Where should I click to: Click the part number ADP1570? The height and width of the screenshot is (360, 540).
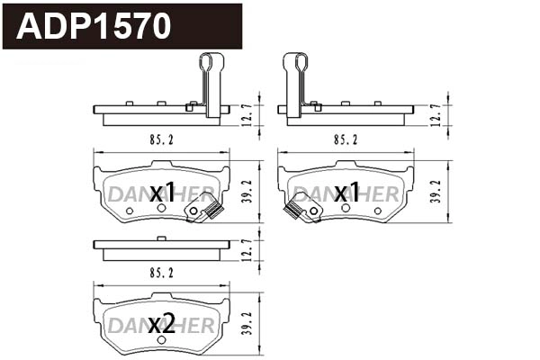pyautogui.click(x=95, y=26)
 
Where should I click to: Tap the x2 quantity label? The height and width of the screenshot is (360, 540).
pyautogui.click(x=162, y=323)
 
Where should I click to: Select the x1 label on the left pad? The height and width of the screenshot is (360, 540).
pyautogui.click(x=162, y=193)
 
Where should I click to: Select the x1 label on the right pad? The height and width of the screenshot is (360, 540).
pyautogui.click(x=346, y=193)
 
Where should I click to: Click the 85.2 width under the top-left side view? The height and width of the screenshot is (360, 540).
pyautogui.click(x=161, y=139)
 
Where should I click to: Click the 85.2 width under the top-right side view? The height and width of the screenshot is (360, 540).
pyautogui.click(x=346, y=139)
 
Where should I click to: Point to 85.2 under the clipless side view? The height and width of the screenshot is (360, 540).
pyautogui.click(x=161, y=271)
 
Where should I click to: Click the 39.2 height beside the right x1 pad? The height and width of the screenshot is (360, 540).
pyautogui.click(x=437, y=193)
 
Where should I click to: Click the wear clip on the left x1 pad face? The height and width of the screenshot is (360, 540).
pyautogui.click(x=204, y=211)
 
